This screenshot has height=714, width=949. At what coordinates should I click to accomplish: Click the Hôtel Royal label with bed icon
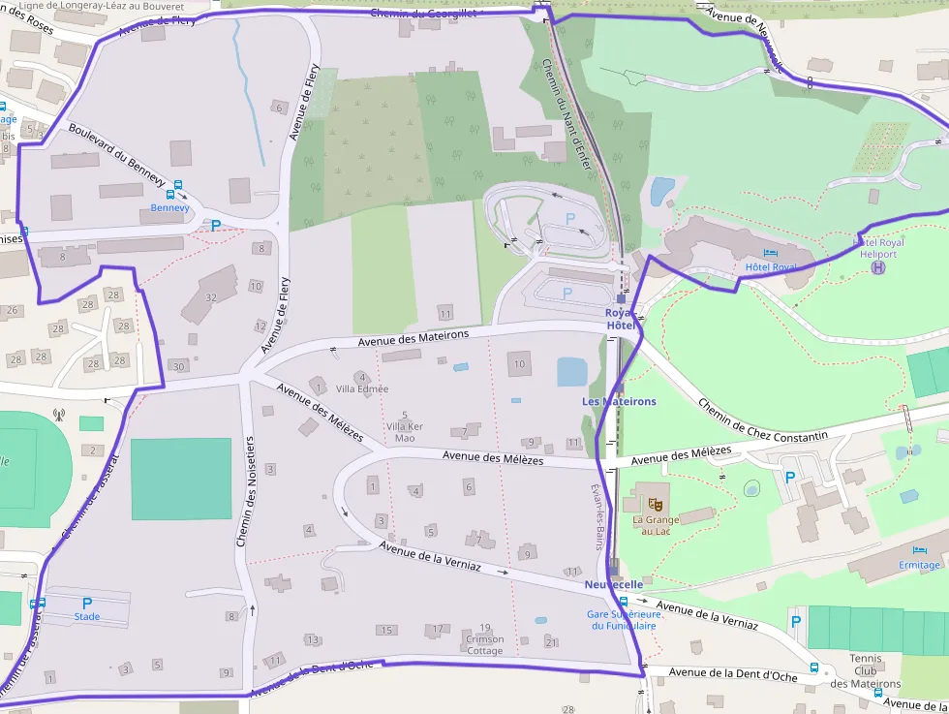tap(770, 266)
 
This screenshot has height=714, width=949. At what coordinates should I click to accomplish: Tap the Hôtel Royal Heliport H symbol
tap(878, 267)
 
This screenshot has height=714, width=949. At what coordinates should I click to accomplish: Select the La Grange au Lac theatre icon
tap(656, 503)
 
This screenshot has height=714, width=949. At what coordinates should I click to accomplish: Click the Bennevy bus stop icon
tap(170, 193)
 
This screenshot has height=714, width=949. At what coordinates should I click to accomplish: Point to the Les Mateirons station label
tap(619, 401)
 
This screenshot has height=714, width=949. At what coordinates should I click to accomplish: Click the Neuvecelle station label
tap(613, 585)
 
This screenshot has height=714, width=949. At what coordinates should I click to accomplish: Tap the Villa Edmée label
tap(362, 388)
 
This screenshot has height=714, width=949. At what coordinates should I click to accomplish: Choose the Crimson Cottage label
tap(484, 644)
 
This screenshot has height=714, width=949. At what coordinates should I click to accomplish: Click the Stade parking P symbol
tap(87, 603)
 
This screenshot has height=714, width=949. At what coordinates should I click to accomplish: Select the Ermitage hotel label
tap(919, 565)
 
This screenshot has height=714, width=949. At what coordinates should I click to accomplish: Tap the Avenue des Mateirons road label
tap(413, 338)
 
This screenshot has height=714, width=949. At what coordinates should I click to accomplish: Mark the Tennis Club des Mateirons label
tap(865, 671)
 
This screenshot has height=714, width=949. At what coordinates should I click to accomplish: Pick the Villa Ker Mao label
tap(404, 432)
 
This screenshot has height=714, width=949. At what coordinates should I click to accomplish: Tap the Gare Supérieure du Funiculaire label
tap(622, 619)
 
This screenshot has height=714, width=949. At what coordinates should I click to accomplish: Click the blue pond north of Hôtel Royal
tap(662, 191)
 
